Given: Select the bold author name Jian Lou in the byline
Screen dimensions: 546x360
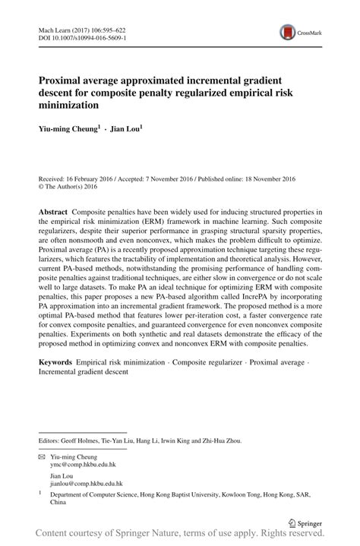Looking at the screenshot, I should coord(126,129).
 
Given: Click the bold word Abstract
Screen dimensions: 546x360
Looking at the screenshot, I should coord(53,210).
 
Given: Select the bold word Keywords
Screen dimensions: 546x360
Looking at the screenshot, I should coord(58,363).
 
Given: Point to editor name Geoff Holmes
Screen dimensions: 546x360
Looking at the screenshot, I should coord(83,440).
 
